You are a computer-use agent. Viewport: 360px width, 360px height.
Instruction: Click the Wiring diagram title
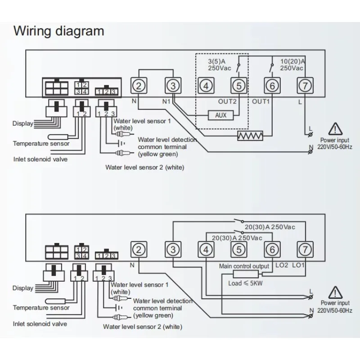click(x=58, y=31)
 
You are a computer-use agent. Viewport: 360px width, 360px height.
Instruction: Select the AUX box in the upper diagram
click(x=220, y=115)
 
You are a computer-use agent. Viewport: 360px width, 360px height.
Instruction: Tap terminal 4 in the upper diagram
click(x=206, y=85)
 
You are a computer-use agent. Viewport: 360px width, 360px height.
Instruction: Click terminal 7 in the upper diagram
click(x=305, y=85)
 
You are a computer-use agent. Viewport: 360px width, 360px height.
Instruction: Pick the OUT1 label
click(x=261, y=101)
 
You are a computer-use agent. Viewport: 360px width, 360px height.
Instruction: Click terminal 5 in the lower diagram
click(x=238, y=249)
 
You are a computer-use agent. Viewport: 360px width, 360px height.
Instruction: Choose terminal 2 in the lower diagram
click(x=139, y=249)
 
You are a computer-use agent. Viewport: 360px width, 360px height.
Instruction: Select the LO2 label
click(x=281, y=266)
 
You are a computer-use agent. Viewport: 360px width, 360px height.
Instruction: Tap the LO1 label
click(x=299, y=266)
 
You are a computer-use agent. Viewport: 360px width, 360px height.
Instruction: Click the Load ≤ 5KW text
click(x=245, y=283)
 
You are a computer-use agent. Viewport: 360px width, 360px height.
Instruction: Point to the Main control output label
click(x=244, y=266)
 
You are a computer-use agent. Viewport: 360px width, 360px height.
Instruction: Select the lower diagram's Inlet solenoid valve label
click(x=40, y=324)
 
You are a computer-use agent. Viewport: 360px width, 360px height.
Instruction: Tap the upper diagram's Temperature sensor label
click(x=41, y=144)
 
